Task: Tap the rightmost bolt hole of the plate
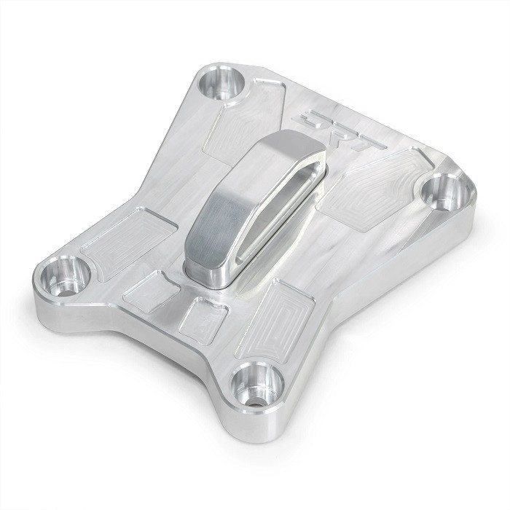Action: [x=444, y=191]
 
